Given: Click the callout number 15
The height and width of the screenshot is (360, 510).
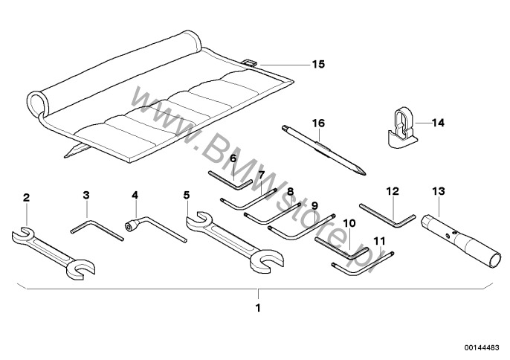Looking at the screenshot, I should point(317,65).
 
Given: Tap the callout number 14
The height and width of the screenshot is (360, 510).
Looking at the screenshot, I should point(437,122).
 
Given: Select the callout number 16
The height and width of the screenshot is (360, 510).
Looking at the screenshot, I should point(319,123).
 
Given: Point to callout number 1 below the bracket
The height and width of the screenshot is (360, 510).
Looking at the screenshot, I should point(258,307).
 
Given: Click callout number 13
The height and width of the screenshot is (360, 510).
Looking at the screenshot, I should point(438,191).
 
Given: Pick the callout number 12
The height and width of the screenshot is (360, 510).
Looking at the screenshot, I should point(393,191).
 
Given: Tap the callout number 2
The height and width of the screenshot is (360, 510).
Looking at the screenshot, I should point(27,197).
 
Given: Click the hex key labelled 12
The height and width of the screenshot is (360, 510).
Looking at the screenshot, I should point(387,216).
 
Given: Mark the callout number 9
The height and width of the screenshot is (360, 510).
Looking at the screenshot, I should point(314,206).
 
